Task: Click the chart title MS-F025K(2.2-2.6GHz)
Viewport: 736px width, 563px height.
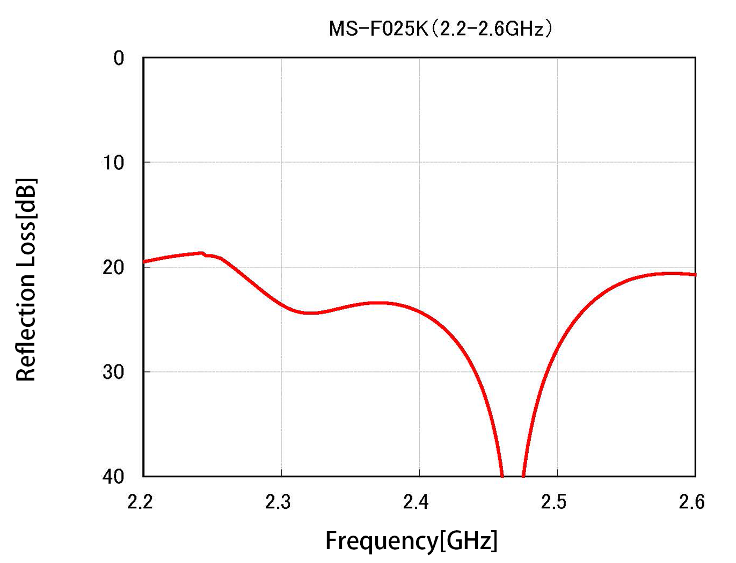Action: click(x=440, y=28)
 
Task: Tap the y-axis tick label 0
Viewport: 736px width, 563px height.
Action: click(x=119, y=58)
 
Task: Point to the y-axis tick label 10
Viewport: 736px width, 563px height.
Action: click(x=113, y=162)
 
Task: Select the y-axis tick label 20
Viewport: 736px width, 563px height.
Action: click(x=113, y=267)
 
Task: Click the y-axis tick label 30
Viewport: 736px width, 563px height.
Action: click(x=113, y=371)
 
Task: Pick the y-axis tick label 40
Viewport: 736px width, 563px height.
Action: click(x=113, y=476)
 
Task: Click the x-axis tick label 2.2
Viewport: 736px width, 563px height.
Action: click(x=141, y=502)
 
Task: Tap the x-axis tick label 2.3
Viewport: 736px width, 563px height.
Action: click(x=279, y=502)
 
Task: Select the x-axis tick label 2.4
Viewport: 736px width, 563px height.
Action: click(x=417, y=502)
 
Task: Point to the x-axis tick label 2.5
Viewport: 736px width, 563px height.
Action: click(x=555, y=502)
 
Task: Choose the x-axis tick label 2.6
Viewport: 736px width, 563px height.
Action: click(x=693, y=502)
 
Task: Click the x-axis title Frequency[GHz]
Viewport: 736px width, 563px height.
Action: click(x=411, y=540)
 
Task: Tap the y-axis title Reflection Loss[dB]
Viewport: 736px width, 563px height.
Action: click(x=26, y=279)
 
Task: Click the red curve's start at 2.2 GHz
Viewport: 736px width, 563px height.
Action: click(x=144, y=262)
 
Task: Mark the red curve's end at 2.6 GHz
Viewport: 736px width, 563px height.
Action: click(x=695, y=274)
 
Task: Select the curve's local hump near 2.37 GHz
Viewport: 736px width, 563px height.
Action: click(x=378, y=303)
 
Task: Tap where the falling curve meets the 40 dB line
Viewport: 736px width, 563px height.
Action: click(x=502, y=475)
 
